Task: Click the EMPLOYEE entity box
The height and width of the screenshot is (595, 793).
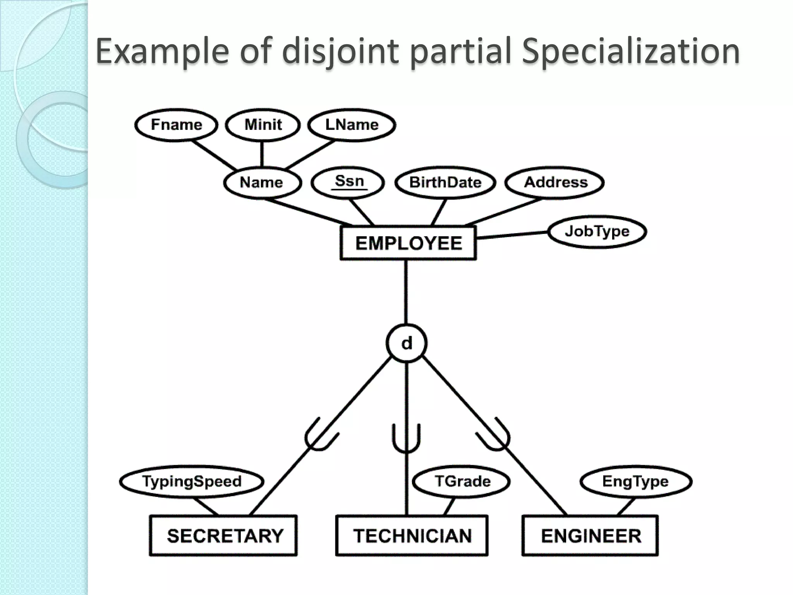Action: tap(408, 243)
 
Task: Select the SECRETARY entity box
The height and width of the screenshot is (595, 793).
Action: tap(223, 536)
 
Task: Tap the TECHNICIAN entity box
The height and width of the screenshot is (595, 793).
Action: tap(412, 536)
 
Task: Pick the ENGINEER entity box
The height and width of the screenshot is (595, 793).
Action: tap(590, 536)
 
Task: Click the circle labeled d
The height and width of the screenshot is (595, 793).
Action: tap(407, 343)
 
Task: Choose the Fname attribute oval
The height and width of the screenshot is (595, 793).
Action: tap(176, 125)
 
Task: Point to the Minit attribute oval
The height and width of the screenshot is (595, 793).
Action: tap(263, 125)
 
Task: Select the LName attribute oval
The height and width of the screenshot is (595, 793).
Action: tap(352, 125)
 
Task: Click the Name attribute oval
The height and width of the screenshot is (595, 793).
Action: tap(262, 182)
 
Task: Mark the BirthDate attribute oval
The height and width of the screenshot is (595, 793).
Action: tap(445, 182)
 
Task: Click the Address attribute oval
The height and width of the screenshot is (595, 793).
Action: tap(554, 182)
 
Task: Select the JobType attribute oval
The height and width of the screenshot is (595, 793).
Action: tap(597, 231)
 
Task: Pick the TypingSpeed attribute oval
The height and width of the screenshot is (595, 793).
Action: tap(192, 482)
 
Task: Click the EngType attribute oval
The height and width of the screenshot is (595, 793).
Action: tap(635, 482)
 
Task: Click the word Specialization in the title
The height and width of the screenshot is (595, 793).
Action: tap(630, 51)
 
